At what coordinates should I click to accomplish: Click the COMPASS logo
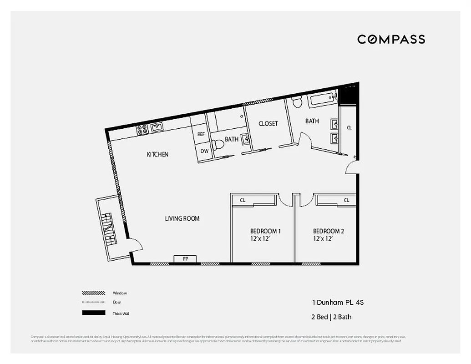click(x=391, y=40)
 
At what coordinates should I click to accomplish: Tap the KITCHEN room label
click(x=157, y=154)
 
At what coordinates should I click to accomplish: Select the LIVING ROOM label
click(x=182, y=218)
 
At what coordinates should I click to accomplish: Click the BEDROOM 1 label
click(x=265, y=231)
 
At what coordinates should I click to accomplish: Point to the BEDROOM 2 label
click(x=328, y=231)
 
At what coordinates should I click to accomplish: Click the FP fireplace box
click(x=185, y=259)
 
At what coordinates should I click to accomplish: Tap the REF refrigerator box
click(x=201, y=134)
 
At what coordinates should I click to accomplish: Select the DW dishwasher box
click(x=204, y=151)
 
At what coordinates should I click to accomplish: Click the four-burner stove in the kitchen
click(x=142, y=129)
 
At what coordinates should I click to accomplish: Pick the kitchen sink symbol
click(x=157, y=127)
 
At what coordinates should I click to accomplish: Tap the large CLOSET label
click(x=268, y=123)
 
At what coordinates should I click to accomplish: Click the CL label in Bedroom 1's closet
click(x=243, y=200)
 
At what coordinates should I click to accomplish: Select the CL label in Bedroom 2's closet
click(x=346, y=200)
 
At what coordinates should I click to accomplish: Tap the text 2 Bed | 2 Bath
click(x=331, y=317)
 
